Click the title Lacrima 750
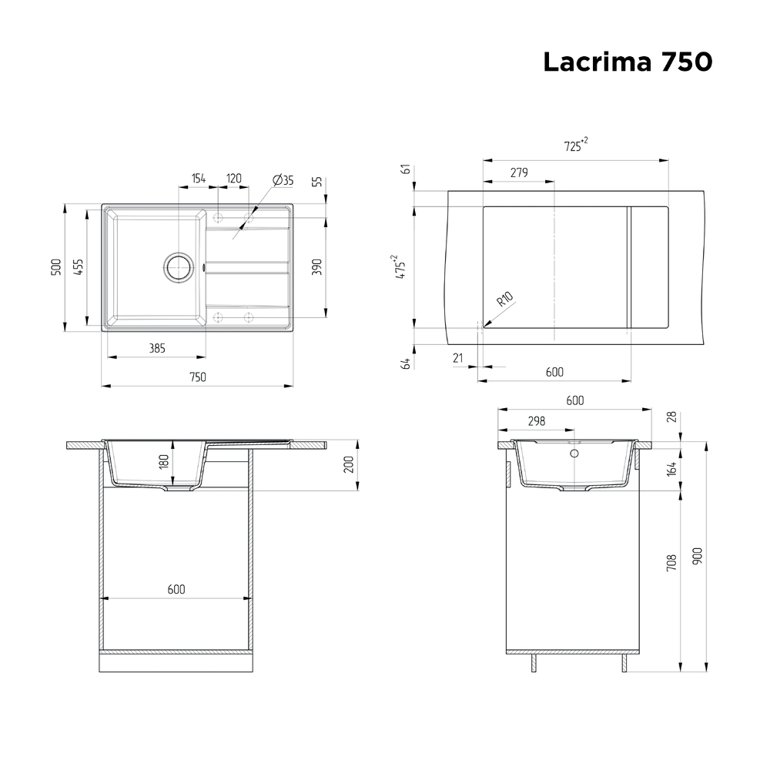(x=627, y=62)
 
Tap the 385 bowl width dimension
(x=156, y=349)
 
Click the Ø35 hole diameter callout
(x=283, y=180)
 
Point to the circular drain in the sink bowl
(x=179, y=267)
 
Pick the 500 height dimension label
(x=55, y=268)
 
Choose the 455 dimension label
(x=79, y=266)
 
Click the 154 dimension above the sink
(x=198, y=179)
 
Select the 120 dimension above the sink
(x=233, y=179)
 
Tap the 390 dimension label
(x=317, y=266)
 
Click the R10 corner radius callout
(x=504, y=299)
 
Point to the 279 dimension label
(x=518, y=172)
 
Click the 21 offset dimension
(x=458, y=357)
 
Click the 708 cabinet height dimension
(x=671, y=563)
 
